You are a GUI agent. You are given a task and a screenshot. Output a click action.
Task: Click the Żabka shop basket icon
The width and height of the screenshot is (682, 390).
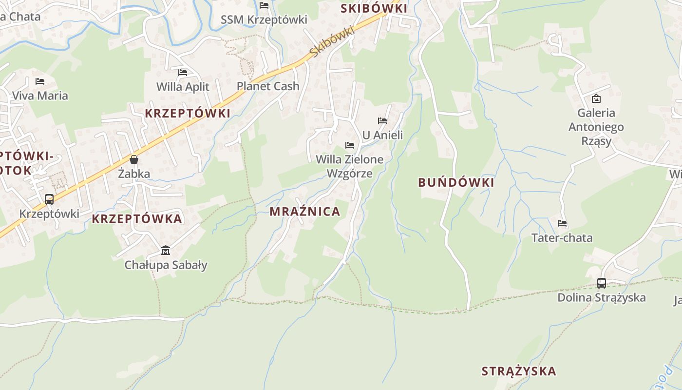point(134,159)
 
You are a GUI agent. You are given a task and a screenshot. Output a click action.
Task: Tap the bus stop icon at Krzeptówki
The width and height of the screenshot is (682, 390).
point(49,199)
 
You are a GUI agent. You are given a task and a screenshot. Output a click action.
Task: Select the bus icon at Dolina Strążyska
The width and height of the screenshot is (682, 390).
point(602,283)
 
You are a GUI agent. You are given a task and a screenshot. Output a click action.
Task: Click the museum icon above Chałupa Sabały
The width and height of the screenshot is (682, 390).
point(166,251)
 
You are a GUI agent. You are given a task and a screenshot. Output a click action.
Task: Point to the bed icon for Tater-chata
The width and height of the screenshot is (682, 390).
point(562,223)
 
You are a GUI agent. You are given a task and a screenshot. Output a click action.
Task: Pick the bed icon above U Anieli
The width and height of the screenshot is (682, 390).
point(382,120)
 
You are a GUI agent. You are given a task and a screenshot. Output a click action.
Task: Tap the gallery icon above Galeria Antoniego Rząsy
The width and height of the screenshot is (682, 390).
point(596,98)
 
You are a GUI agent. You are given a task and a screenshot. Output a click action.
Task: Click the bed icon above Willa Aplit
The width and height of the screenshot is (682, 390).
point(183,72)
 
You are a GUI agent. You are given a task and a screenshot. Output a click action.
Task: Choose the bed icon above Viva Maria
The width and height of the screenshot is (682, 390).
point(40,81)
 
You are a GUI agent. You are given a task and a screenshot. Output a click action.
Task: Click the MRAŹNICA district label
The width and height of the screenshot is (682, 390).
point(305,212)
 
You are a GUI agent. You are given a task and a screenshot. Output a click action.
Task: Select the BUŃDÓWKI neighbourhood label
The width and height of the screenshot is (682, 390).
point(456,183)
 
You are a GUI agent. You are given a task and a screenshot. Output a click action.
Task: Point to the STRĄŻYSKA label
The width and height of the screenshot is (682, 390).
point(519,371)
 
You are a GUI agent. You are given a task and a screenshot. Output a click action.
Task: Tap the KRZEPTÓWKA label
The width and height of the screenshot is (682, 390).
point(137,219)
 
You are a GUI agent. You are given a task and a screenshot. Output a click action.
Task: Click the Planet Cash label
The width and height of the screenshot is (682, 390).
point(268,86)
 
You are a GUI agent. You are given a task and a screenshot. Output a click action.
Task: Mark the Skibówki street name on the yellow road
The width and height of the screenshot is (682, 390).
point(331,41)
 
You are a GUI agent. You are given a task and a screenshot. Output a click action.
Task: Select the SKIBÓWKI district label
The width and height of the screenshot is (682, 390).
point(374,8)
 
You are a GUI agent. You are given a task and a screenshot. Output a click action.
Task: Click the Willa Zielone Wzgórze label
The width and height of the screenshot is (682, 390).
point(349,166)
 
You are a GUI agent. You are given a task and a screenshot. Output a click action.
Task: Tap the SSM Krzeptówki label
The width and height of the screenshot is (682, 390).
point(264,19)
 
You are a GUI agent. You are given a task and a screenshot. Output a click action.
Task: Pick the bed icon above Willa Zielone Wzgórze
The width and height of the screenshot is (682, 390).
point(349,145)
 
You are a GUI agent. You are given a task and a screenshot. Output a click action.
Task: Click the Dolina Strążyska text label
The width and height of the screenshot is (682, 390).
point(602,297)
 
